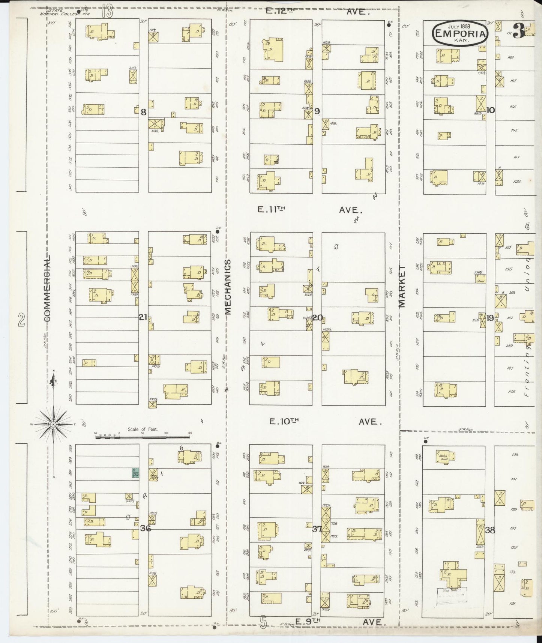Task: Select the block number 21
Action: pyautogui.click(x=143, y=317)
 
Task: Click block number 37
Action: pyautogui.click(x=317, y=529)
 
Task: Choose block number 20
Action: pyautogui.click(x=317, y=318)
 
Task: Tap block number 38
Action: pyautogui.click(x=490, y=530)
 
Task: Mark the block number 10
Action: pyautogui.click(x=491, y=110)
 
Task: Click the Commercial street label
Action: pyautogui.click(x=48, y=289)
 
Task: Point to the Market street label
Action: pyautogui.click(x=402, y=287)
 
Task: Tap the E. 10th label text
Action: pyautogui.click(x=284, y=422)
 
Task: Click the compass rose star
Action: pyautogui.click(x=54, y=424)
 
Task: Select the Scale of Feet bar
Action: pyautogui.click(x=143, y=437)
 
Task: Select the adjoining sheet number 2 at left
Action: pyautogui.click(x=21, y=320)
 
